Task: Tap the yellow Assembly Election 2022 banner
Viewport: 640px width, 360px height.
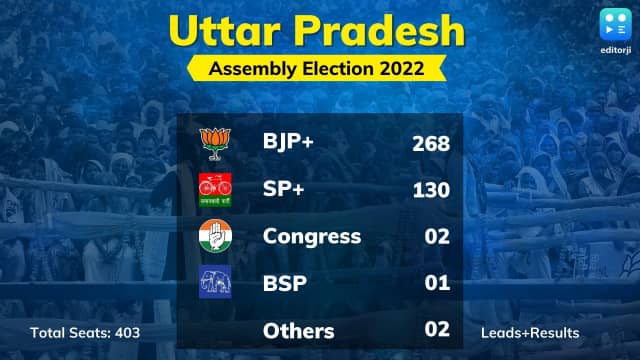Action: click(319, 69)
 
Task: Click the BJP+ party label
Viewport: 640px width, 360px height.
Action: click(288, 143)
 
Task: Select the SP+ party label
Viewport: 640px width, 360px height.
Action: click(284, 190)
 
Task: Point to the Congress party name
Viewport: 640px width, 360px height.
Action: click(311, 237)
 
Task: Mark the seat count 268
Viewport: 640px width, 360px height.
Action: click(431, 144)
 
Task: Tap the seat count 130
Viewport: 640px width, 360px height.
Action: click(431, 191)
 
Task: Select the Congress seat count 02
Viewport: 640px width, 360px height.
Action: click(436, 238)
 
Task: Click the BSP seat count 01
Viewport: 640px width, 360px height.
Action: click(436, 284)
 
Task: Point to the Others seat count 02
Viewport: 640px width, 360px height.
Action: click(436, 331)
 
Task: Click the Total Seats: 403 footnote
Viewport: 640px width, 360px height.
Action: click(85, 332)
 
